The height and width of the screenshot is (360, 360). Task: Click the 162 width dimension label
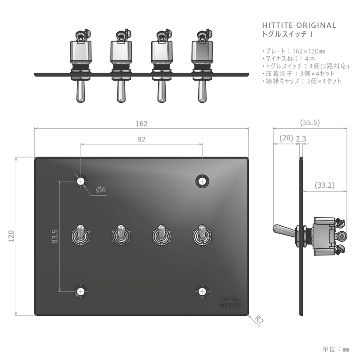coord(141,123)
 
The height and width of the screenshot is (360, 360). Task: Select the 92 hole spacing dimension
coord(141,140)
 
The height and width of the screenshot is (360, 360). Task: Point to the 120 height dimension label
coord(12,236)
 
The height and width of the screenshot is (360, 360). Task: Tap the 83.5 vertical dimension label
coord(55,236)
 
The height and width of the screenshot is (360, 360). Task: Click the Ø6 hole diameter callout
coord(101,190)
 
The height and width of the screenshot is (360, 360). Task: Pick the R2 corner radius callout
coord(259,320)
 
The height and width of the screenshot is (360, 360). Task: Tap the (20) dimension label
coord(286,139)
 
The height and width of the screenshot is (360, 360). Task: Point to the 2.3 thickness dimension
coord(301,139)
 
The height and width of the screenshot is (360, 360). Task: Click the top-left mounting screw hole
coord(81,181)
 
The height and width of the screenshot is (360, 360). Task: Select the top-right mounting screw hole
coord(202,181)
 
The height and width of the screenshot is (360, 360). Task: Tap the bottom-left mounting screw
coord(81,292)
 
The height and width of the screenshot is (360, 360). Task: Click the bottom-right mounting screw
coord(202,292)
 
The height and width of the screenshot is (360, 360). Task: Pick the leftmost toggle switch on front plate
coord(81,235)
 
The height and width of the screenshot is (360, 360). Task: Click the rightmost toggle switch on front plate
coord(202,235)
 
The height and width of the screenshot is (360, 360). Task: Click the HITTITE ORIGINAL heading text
coord(299,26)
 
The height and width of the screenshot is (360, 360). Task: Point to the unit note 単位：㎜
coord(336,349)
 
